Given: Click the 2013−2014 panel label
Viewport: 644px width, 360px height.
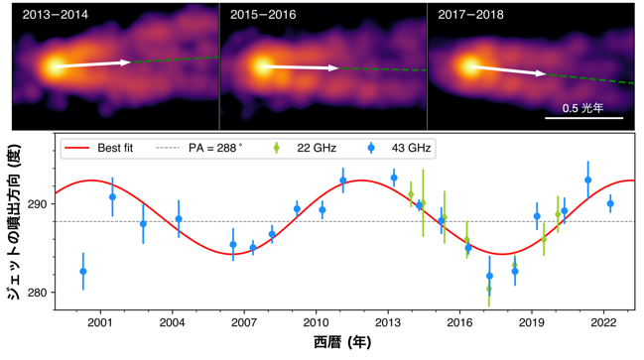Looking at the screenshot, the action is pos(55,15).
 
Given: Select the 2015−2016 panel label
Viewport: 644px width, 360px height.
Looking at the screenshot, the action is pos(263,15).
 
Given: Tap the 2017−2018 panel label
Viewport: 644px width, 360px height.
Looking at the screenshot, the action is pos(470,15).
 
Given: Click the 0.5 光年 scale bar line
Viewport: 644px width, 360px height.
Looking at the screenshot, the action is pos(584,118).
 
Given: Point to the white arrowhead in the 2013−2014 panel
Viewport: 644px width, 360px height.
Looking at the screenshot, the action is pos(126,62).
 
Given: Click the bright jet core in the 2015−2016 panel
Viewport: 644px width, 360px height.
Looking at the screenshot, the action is pos(262,66).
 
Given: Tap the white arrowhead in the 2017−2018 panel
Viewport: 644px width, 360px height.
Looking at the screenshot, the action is pos(541,73).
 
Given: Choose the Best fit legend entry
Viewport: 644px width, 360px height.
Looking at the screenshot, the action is pos(98,148).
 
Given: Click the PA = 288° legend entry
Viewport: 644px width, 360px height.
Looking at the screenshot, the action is pos(199,148).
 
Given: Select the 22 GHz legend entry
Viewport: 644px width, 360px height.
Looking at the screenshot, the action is pos(305,148).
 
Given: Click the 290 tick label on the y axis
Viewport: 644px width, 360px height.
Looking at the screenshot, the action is pos(37,204).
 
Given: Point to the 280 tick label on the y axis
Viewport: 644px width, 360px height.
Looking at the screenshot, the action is pos(37,293).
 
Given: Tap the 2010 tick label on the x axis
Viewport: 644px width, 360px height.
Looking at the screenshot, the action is pos(316,322).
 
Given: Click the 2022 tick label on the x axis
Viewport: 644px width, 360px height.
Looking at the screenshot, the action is pos(603,322).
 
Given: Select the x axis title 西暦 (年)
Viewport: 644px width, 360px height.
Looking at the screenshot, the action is pos(342,342).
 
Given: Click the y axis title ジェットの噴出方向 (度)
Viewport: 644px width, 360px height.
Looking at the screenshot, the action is pos(13,222).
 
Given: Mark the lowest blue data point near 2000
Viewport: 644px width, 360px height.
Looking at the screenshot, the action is pos(83,272).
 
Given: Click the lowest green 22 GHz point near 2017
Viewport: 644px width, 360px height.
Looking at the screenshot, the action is pos(489,289).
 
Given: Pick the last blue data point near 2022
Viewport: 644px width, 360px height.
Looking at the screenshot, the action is pos(610,203).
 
